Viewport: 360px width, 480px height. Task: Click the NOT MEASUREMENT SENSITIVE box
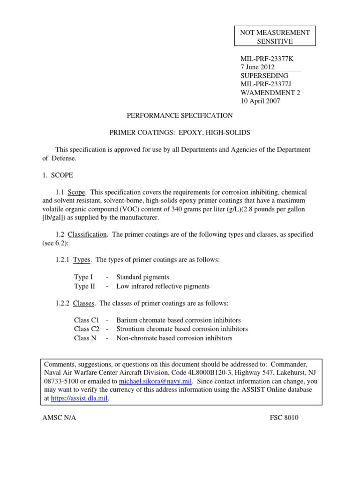tap(275, 37)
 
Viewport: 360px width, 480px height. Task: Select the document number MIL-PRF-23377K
tap(266, 59)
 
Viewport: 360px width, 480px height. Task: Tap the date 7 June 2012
tap(258, 67)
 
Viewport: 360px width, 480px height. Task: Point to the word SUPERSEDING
tap(264, 75)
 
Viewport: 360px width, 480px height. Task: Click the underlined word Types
tap(82, 260)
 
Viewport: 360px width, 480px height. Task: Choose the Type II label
tap(85, 286)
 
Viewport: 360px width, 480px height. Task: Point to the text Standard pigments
tap(142, 277)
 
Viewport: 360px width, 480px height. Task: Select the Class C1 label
tap(87, 320)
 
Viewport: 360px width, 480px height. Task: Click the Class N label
tap(85, 338)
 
